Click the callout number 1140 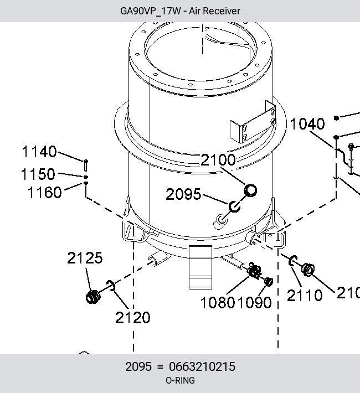tap(39, 152)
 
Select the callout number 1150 tap(38, 174)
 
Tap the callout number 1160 tap(44, 193)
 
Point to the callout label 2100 tap(218, 159)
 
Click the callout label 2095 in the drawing tap(183, 194)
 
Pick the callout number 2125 tap(85, 257)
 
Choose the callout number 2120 tap(133, 318)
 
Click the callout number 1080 tap(218, 302)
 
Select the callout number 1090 tap(254, 302)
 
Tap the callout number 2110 tap(305, 295)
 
